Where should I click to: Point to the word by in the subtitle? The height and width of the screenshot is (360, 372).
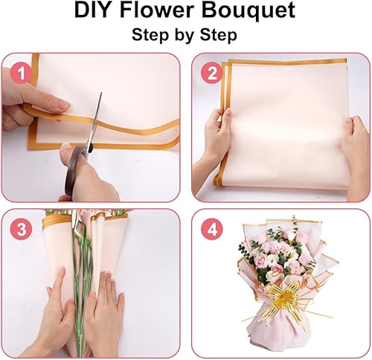184,36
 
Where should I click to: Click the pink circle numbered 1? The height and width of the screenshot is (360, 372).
22,74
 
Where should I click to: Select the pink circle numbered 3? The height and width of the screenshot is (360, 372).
21,230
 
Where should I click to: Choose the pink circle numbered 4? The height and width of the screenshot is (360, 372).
211,230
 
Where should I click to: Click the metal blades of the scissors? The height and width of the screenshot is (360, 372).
95,120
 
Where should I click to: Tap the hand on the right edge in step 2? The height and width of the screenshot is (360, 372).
355,149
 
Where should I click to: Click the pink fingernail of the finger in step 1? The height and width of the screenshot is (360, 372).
65,106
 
